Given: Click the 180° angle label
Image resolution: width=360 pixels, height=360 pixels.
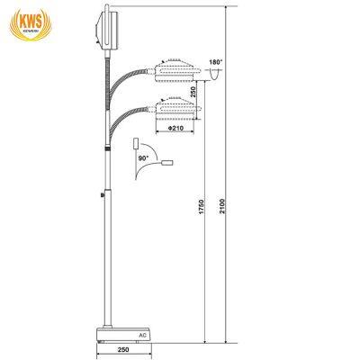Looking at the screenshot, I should [213, 64].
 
